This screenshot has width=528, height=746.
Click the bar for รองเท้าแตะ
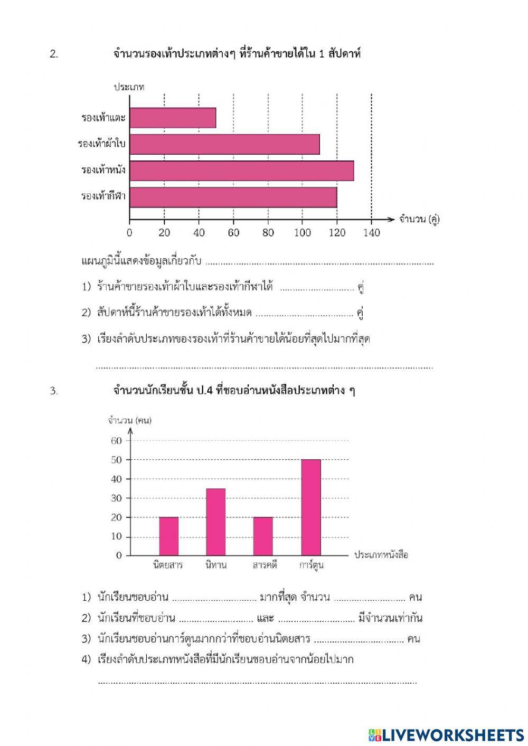(x=173, y=118)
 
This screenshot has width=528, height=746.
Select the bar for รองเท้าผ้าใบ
(x=224, y=144)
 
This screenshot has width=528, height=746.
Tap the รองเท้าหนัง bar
(x=241, y=171)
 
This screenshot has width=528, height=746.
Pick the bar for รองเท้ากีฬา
(x=233, y=197)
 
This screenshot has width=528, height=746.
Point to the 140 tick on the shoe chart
(x=372, y=232)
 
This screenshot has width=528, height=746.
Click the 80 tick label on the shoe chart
(x=268, y=232)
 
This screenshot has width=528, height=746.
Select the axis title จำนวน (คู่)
(x=419, y=219)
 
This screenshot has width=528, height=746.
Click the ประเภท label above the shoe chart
(x=129, y=87)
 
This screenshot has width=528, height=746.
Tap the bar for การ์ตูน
(x=311, y=507)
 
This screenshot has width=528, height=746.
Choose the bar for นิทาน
(x=215, y=522)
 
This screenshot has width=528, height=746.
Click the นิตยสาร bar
(x=168, y=536)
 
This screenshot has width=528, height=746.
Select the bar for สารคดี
(x=263, y=536)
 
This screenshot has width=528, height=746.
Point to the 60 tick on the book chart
(x=116, y=441)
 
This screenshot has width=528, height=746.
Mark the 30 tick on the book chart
(x=116, y=498)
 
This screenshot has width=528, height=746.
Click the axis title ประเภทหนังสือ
(x=381, y=555)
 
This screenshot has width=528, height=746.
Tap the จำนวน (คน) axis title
(x=129, y=420)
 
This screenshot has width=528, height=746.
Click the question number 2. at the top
(x=54, y=54)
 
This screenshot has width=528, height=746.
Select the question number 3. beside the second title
(x=54, y=391)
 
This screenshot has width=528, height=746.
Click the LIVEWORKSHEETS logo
(x=446, y=734)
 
